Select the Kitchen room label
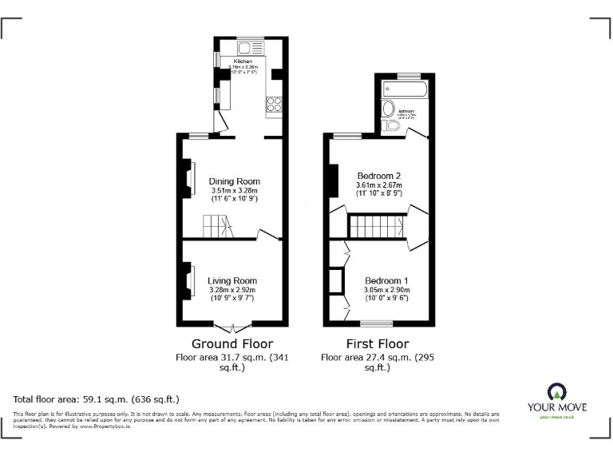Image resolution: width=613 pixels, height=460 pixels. tap(243, 61)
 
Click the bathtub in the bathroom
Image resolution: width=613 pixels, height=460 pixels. tap(403, 87)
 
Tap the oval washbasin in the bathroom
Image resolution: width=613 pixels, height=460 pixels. tap(388, 109)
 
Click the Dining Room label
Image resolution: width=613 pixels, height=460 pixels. tap(235, 181)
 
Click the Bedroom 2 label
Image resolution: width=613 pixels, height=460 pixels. tap(379, 176)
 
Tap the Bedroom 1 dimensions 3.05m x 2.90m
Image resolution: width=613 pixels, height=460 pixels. tap(387, 290)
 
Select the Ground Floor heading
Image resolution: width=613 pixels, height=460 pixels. tap(227, 344)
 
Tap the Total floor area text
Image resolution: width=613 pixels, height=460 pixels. tap(97, 399)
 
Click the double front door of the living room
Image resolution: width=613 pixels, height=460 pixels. tap(236, 326)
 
